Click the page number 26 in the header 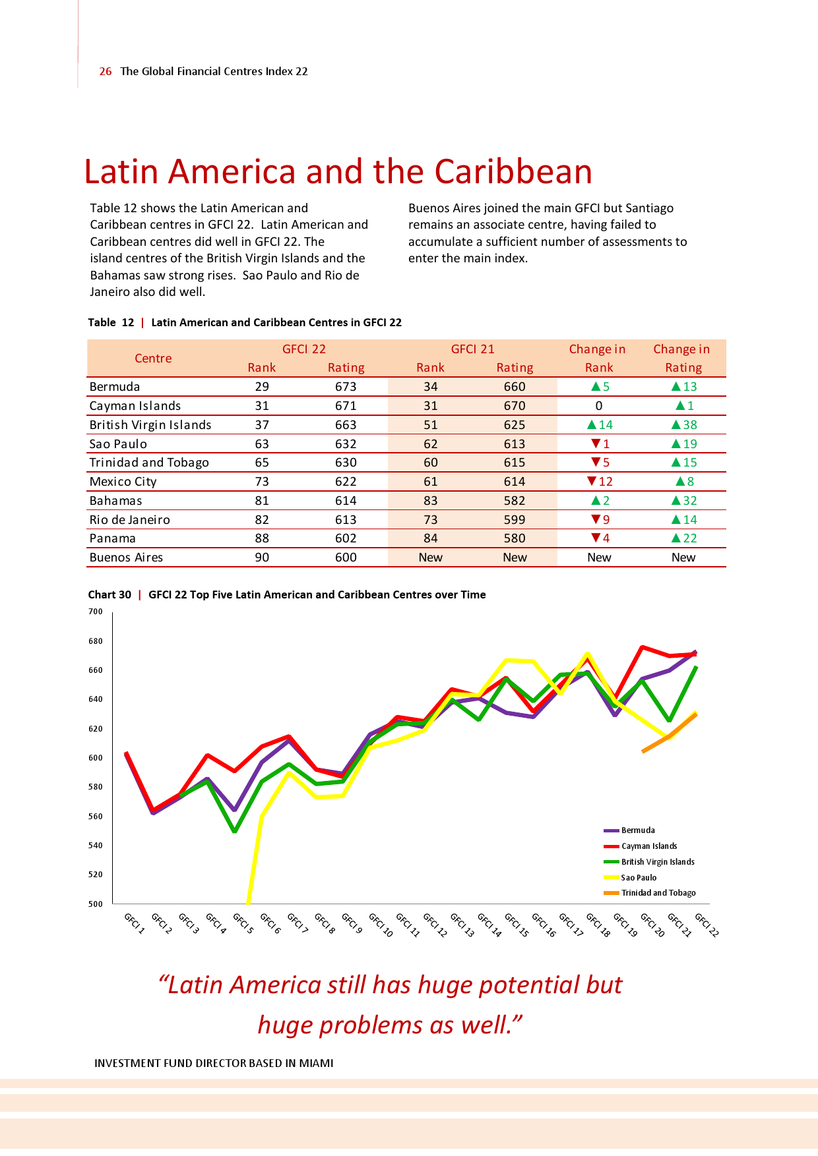106,71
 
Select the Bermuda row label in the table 115,387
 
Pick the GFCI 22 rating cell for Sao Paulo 346,444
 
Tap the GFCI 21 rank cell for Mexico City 430,482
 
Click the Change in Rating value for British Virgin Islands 684,425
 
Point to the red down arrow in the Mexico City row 592,482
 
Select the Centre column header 153,359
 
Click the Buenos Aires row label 126,558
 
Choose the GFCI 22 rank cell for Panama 262,538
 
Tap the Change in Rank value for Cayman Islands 599,406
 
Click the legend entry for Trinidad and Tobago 658,893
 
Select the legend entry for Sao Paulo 639,878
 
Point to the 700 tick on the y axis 96,612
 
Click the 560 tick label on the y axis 96,817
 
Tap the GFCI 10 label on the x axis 381,925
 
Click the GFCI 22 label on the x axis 707,925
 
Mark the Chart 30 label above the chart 110,594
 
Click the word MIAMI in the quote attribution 316,1063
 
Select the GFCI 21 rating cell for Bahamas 515,501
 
